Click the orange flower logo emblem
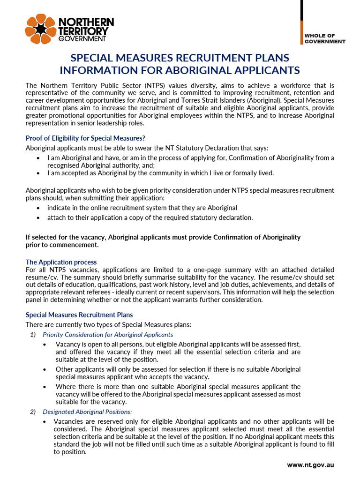coord(40,30)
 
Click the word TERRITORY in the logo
coord(83,31)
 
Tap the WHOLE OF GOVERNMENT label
coord(325,38)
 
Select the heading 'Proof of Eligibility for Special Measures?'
coord(85,138)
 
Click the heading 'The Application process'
coord(61,262)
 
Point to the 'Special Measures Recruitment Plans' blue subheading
coord(79,315)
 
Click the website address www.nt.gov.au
coord(310,465)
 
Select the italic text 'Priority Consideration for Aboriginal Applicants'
coord(108,335)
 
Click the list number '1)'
coord(32,335)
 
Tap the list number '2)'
coord(32,412)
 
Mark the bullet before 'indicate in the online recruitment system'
coord(38,208)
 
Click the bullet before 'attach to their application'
coord(38,218)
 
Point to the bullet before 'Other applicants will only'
coord(45,369)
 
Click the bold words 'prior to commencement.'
coord(62,245)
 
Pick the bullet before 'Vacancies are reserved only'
coord(45,422)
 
